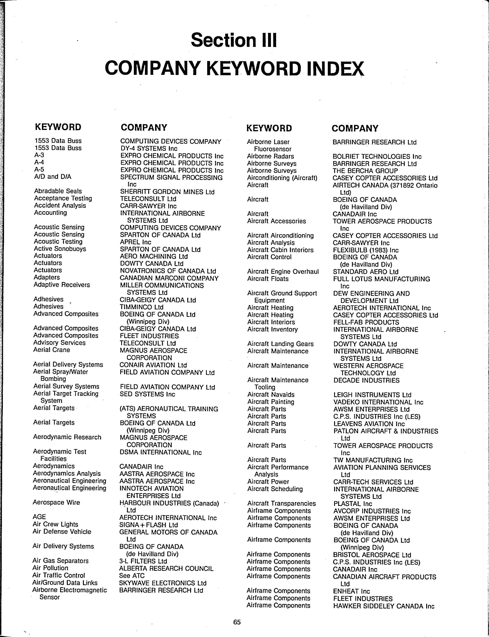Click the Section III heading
[x=234, y=40]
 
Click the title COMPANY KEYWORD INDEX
[x=234, y=68]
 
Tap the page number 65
[x=237, y=622]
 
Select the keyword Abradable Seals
[x=58, y=191]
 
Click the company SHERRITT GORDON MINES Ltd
[x=167, y=192]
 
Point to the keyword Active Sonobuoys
[x=60, y=249]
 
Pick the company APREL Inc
[x=135, y=242]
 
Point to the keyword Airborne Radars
[x=270, y=157]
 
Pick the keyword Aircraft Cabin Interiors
[x=280, y=250]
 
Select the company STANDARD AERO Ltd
[x=366, y=272]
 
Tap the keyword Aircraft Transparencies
[x=281, y=503]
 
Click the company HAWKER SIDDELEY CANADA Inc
[x=384, y=606]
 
